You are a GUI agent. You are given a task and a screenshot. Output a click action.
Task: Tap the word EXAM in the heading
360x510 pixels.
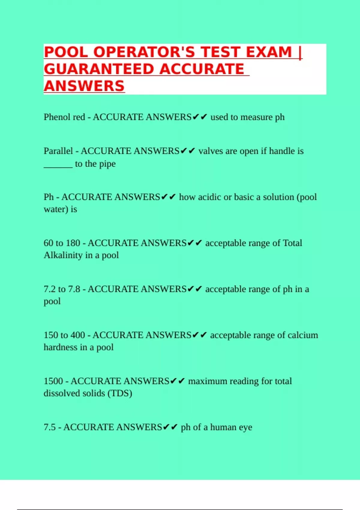269,52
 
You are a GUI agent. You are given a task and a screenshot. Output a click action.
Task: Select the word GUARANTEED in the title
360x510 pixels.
99,69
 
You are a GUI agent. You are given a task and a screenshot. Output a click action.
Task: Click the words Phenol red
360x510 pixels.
64,117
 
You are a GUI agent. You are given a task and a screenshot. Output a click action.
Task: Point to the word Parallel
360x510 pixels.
58,151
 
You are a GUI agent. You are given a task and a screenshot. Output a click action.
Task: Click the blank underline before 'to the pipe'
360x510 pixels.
58,164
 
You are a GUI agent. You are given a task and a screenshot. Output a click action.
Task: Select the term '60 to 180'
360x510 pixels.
62,243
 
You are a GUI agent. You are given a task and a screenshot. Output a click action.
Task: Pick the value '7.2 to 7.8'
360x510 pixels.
62,289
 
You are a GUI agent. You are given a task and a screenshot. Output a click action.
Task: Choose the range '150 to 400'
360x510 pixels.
64,335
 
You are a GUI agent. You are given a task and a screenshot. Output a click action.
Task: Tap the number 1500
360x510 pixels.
53,381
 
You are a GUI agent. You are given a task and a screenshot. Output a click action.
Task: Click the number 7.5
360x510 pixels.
49,427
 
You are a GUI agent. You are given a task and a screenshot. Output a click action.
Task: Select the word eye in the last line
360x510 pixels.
245,427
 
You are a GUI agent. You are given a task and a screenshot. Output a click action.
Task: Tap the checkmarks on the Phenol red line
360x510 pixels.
200,117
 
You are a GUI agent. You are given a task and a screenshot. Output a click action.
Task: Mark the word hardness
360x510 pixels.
60,347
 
